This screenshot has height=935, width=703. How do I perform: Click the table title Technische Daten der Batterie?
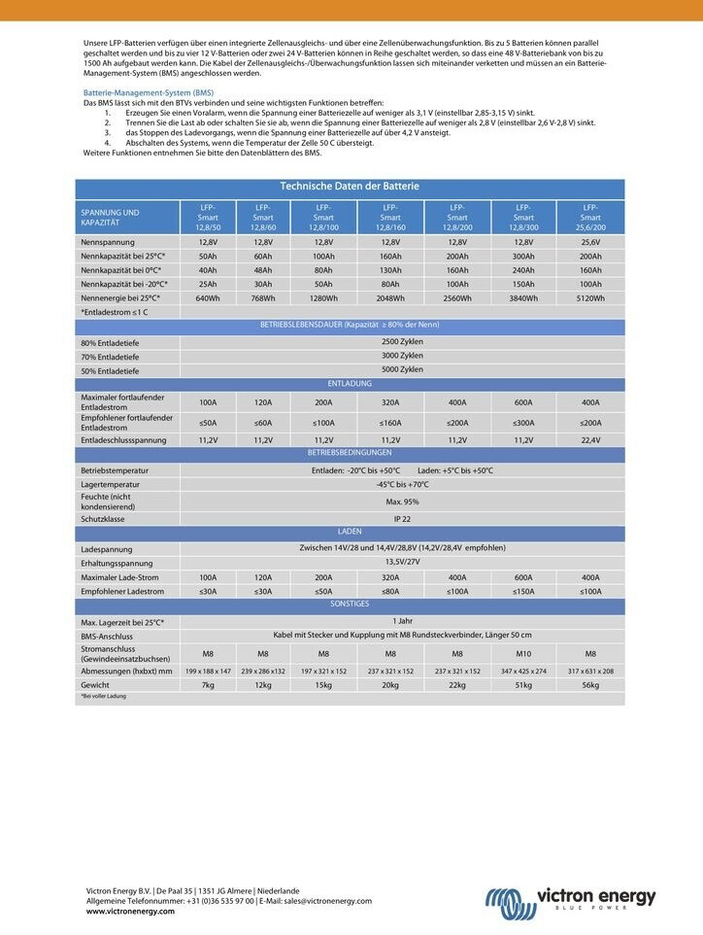350,186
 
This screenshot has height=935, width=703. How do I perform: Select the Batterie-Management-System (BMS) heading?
142,92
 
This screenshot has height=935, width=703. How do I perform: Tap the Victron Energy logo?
571,897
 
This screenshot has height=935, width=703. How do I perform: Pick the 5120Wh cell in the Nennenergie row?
590,298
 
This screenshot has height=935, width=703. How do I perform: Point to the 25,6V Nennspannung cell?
590,242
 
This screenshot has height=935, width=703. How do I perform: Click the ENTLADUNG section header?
350,383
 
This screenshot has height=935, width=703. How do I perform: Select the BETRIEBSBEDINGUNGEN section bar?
350,453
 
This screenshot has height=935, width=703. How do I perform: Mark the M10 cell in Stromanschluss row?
523,653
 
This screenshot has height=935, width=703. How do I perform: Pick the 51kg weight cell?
523,685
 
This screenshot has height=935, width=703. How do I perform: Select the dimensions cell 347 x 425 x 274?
523,671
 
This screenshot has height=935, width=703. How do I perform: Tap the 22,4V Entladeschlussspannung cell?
590,440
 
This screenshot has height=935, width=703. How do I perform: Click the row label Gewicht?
97,685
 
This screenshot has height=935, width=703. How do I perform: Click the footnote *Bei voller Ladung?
103,697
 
